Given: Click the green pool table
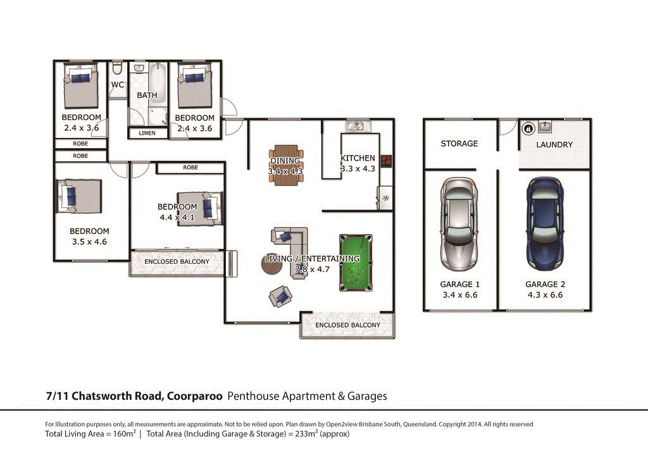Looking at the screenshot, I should click(356, 260).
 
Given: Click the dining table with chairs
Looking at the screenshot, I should click(287, 166).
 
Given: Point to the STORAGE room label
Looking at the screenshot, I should click(459, 144).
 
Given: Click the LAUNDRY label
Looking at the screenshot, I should click(554, 144).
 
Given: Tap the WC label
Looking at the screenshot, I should click(118, 85).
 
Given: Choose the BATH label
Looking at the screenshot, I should click(147, 96).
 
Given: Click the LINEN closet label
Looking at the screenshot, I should click(147, 133).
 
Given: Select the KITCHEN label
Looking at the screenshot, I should click(358, 158).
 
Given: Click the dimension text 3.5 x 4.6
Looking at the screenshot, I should click(89, 241).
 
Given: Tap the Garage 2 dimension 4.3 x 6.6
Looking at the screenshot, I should click(544, 295).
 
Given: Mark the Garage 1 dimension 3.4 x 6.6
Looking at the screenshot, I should click(459, 295).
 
